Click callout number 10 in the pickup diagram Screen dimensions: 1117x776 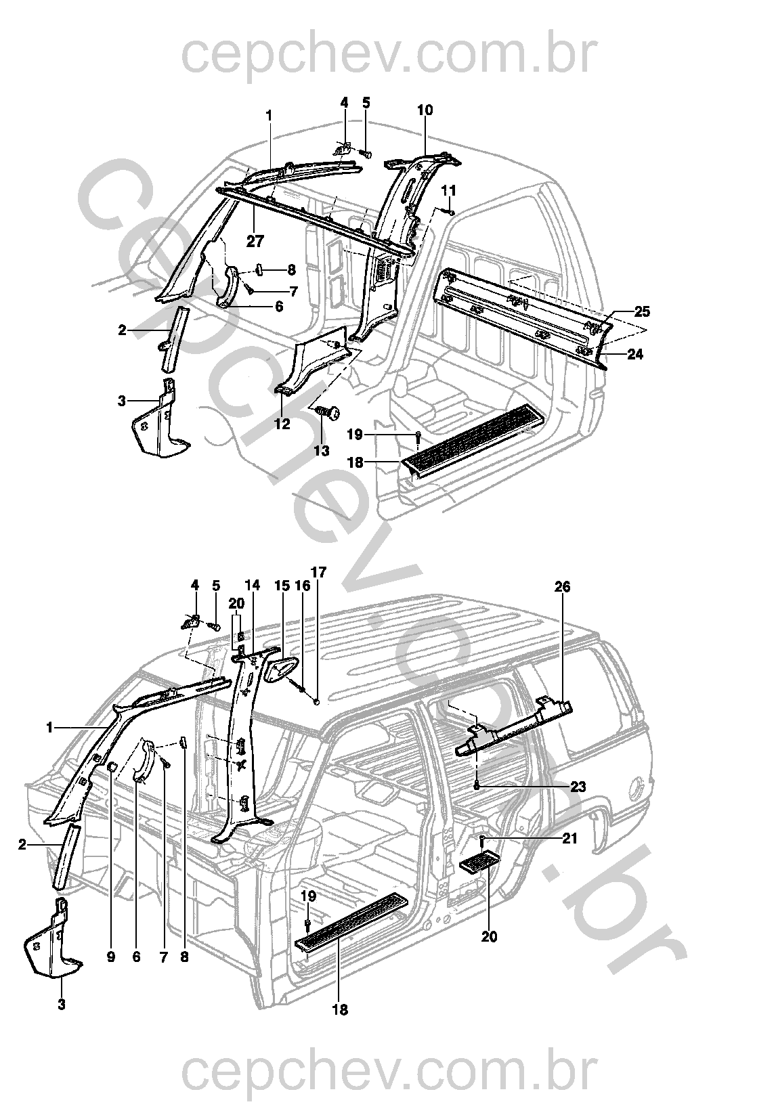pyautogui.click(x=425, y=110)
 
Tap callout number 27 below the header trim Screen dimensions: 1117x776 pyautogui.click(x=255, y=240)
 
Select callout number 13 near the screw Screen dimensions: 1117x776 pyautogui.click(x=322, y=450)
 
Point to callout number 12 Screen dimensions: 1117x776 pyautogui.click(x=282, y=424)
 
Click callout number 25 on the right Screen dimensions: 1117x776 pyautogui.click(x=642, y=312)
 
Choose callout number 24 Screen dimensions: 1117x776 pyautogui.click(x=635, y=354)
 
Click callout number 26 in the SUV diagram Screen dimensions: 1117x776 pyautogui.click(x=562, y=587)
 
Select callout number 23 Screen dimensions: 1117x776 pyautogui.click(x=578, y=787)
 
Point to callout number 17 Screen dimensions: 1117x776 pyautogui.click(x=318, y=573)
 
